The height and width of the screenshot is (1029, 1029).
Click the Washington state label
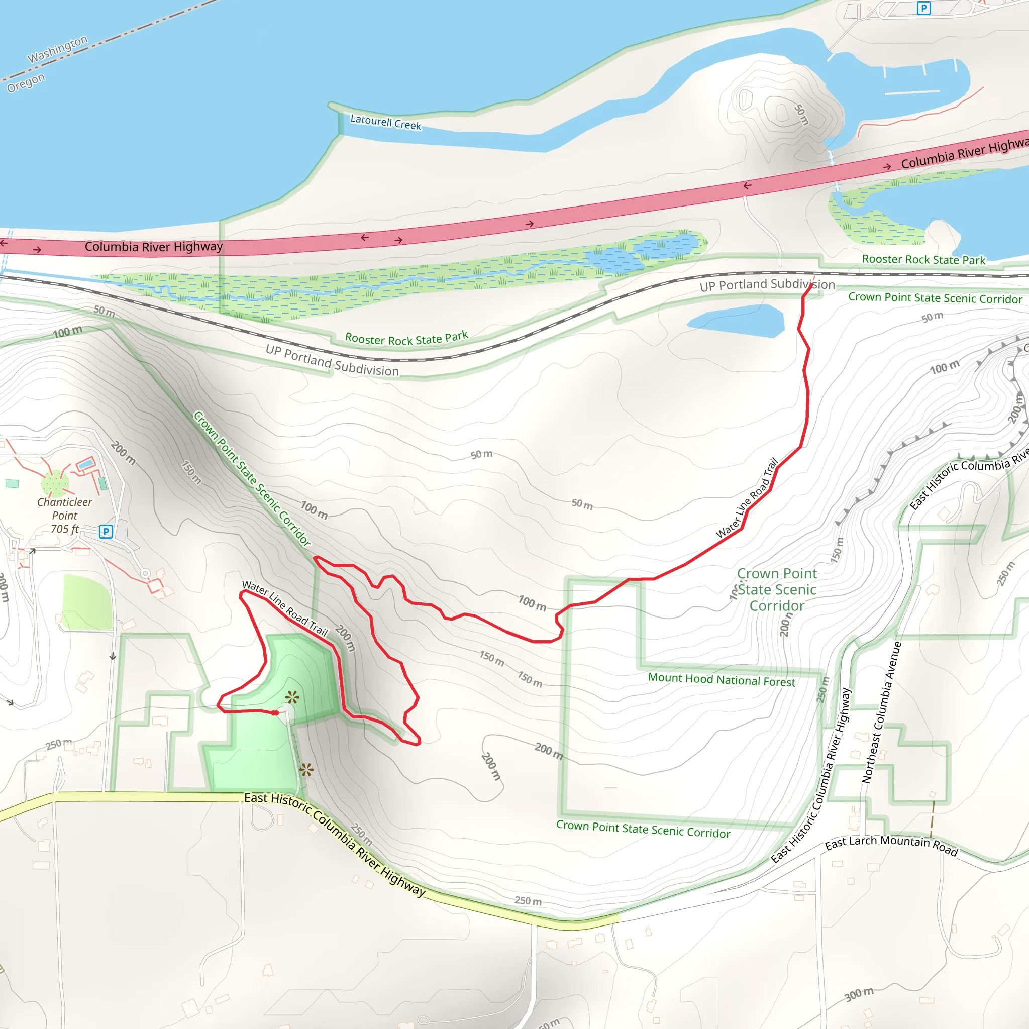57,49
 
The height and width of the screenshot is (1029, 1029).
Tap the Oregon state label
26,82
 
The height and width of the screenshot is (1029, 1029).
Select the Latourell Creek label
385,122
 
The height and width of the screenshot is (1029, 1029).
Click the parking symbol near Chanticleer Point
106,531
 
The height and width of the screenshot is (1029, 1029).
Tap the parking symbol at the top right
923,8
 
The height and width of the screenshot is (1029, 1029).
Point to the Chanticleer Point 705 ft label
64,515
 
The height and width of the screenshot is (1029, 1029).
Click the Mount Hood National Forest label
721,680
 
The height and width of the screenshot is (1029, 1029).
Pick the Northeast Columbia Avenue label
881,712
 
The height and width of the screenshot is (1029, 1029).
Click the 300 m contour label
859,994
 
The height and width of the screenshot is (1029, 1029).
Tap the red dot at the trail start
275,712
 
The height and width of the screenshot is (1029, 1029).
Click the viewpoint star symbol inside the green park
292,697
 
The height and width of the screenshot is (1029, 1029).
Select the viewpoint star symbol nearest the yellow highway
306,769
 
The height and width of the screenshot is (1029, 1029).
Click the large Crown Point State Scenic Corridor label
777,589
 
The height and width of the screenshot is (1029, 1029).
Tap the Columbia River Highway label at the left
153,247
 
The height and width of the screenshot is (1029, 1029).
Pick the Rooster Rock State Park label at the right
923,259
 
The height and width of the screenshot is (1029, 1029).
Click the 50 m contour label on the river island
801,115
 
